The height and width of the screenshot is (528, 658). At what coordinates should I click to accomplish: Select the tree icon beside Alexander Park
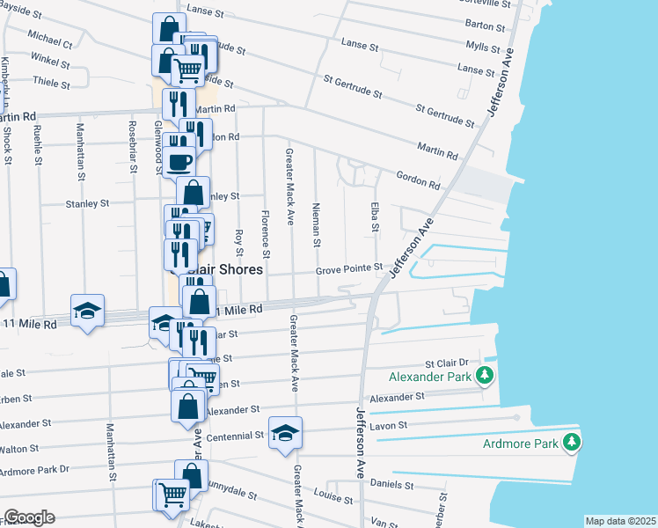tap(483, 377)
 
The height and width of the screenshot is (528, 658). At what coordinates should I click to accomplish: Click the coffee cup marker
tap(180, 161)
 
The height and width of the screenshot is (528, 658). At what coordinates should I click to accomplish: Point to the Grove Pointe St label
tap(351, 268)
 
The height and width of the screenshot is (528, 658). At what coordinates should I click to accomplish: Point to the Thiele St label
tap(50, 83)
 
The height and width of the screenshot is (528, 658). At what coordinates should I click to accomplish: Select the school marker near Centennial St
tap(285, 432)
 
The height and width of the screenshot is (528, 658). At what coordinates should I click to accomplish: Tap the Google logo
tap(29, 517)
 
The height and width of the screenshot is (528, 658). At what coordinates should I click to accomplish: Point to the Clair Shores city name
tap(230, 269)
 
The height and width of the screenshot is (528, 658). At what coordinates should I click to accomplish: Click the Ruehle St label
tap(38, 144)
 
